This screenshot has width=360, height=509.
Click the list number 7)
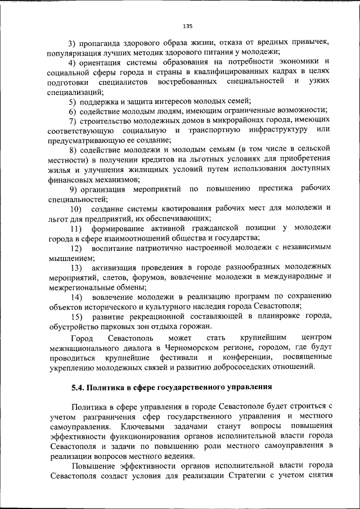[73, 122]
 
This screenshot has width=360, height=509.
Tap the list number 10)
[76, 209]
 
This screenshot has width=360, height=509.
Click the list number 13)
[76, 267]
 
